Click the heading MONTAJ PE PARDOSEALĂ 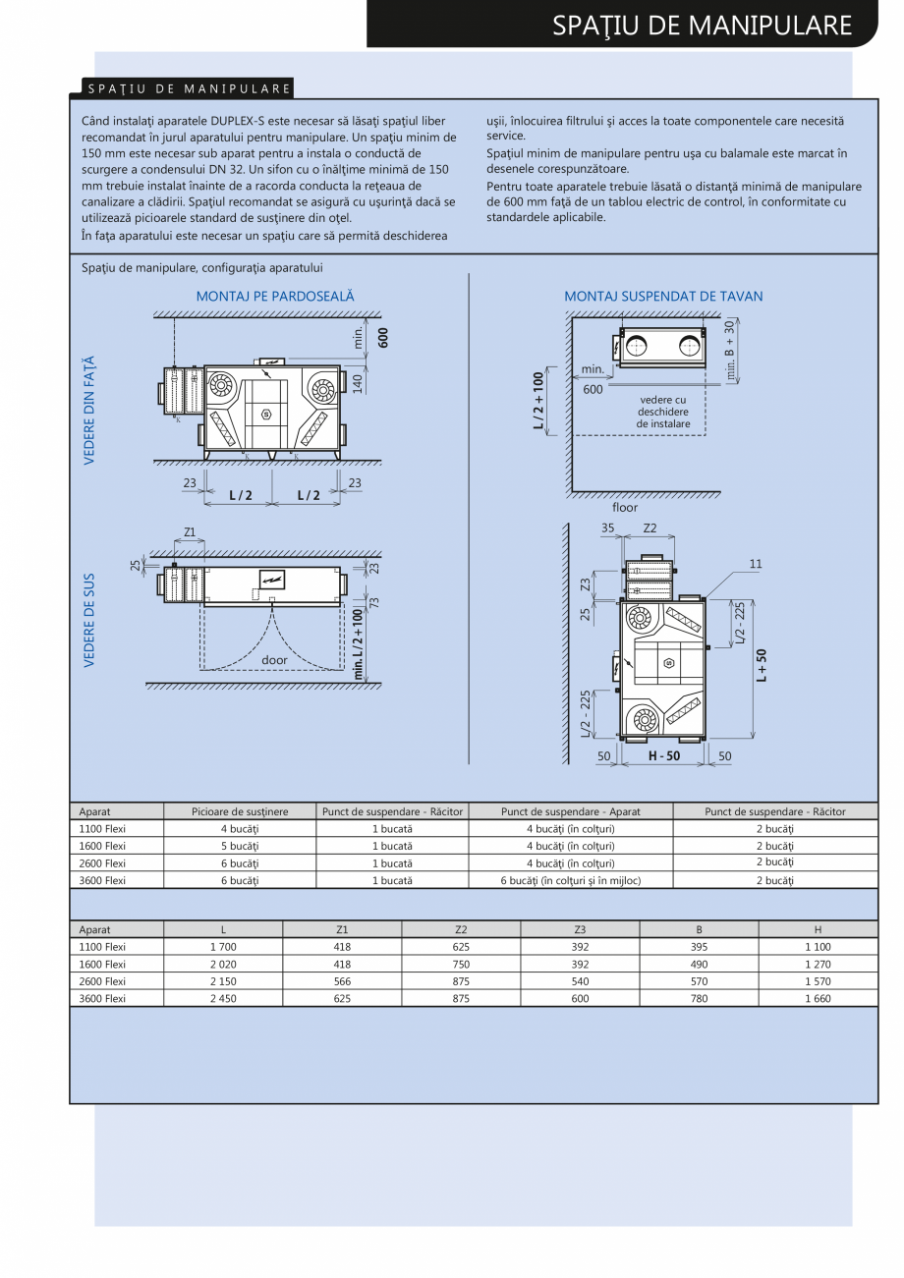click(275, 296)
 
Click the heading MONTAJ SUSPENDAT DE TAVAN click(663, 296)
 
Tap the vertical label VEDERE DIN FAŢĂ click(89, 411)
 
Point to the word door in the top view click(274, 660)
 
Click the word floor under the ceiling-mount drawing click(625, 508)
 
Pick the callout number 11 click(755, 564)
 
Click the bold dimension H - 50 click(664, 756)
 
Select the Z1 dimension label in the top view click(190, 532)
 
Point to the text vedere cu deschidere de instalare click(663, 412)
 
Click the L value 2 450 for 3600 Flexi click(223, 998)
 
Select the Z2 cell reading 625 click(461, 947)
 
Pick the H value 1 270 click(817, 964)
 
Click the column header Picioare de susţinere click(240, 811)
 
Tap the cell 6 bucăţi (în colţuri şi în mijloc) click(570, 880)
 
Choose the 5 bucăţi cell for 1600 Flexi click(240, 846)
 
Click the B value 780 click(699, 998)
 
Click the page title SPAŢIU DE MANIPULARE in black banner click(702, 25)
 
